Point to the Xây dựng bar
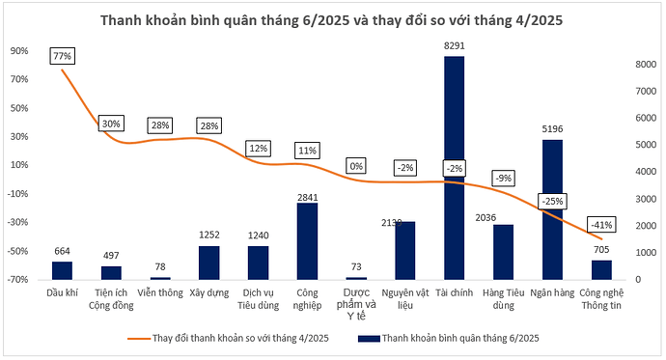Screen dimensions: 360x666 click(208, 262)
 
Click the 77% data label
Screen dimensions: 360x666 click(63, 57)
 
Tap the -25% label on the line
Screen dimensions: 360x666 click(552, 201)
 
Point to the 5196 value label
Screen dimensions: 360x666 click(552, 128)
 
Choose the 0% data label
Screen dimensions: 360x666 click(355, 165)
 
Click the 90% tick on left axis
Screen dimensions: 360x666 click(19, 50)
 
